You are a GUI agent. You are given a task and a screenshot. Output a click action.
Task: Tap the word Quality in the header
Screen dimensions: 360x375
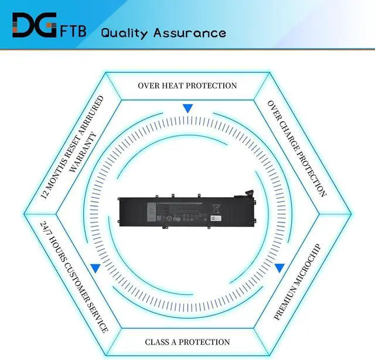click(124, 32)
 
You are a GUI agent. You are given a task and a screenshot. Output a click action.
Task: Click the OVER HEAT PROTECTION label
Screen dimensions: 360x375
click(187, 85)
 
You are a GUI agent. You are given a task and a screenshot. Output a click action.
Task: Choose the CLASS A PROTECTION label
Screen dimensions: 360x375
click(187, 342)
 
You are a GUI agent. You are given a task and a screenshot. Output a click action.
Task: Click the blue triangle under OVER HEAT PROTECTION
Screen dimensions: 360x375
click(187, 108)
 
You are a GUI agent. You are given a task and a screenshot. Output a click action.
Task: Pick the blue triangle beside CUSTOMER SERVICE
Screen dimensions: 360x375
click(95, 268)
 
